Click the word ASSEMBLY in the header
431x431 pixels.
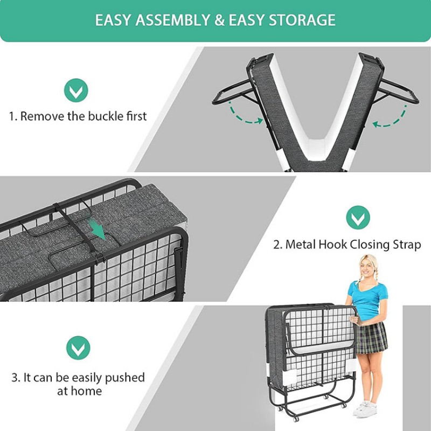(172, 20)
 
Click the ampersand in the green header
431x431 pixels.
(219, 20)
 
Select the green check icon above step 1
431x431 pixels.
(76, 90)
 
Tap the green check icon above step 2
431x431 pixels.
(358, 218)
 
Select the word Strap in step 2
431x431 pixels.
(407, 245)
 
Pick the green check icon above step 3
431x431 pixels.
(78, 347)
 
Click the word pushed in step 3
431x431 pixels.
(125, 378)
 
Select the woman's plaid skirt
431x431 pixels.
(371, 337)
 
